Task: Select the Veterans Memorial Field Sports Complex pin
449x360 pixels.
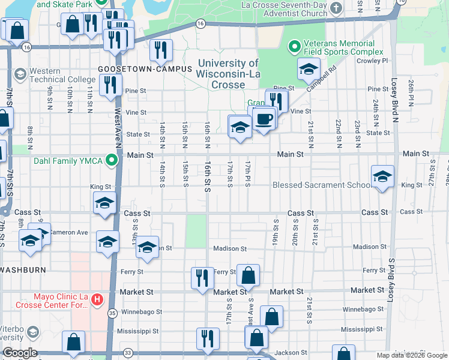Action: pos(294,46)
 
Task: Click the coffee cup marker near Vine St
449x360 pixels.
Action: pos(264,118)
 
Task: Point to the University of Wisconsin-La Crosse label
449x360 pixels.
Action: pos(228,74)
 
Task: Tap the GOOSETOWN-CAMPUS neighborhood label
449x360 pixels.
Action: pos(145,69)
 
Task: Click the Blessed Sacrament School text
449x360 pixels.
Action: pos(321,185)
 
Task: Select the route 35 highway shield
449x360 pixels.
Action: pos(112,313)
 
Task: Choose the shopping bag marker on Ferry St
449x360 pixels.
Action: pos(248,276)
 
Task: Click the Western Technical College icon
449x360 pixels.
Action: pos(20,74)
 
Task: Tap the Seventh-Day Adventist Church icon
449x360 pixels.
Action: pos(336,8)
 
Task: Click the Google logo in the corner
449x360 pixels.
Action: pos(19,352)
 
